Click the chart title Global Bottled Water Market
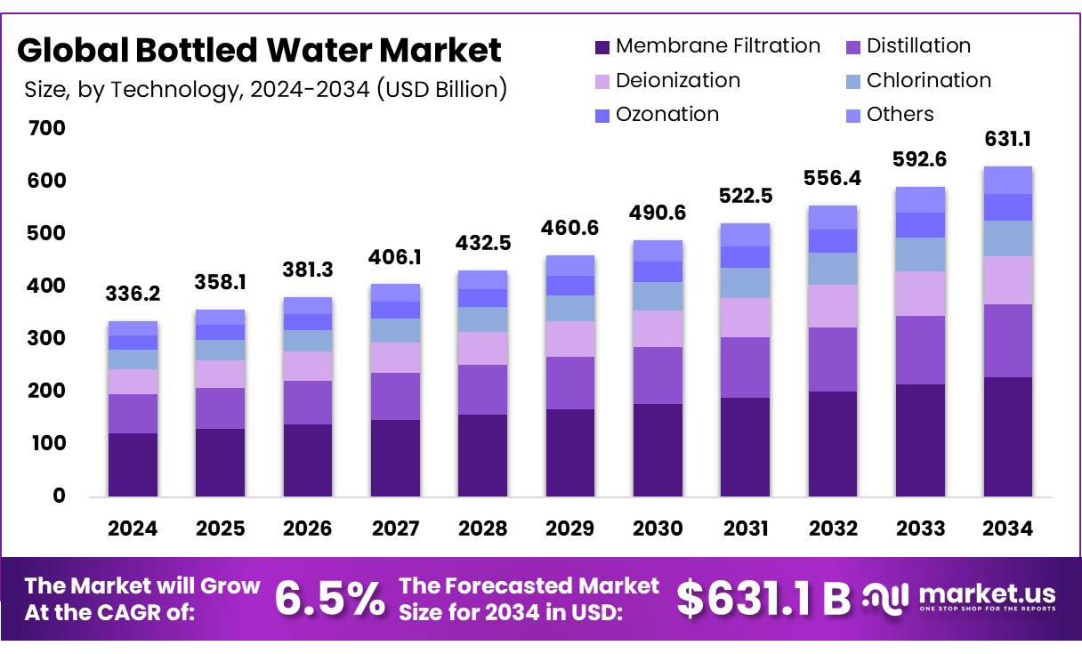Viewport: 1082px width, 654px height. coord(259,51)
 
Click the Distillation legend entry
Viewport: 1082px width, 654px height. coord(917,46)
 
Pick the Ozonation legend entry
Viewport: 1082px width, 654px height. coord(666,115)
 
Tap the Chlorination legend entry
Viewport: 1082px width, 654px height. coord(928,81)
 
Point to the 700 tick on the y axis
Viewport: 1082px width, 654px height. coord(46,129)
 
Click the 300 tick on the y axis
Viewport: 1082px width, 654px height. coord(46,339)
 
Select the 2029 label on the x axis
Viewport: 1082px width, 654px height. coord(569,529)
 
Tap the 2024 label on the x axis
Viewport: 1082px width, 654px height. coord(133,529)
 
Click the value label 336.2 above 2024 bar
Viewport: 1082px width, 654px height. coord(133,294)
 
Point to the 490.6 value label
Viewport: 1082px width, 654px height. coord(658,213)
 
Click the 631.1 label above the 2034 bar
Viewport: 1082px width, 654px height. coord(1008,140)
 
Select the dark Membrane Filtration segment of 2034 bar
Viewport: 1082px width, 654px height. coord(1007,436)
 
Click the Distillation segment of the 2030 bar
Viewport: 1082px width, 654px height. coord(658,375)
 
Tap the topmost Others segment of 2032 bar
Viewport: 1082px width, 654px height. coord(833,217)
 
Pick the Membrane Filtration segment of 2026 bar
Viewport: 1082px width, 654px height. coord(308,460)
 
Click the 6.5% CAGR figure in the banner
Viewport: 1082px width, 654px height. coord(330,599)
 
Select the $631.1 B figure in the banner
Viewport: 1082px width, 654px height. coord(763,599)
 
